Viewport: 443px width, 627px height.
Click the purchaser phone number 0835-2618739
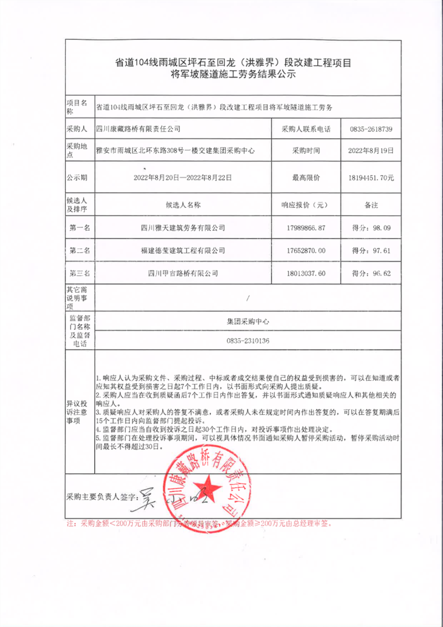(371, 129)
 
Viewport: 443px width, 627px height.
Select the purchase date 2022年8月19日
(371, 150)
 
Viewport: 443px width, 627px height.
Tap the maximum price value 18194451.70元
(371, 178)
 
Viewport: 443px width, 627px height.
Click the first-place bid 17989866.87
(303, 227)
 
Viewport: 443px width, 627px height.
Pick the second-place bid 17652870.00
(303, 251)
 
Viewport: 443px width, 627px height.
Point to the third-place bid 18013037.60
(303, 273)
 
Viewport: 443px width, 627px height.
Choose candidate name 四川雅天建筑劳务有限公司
(183, 227)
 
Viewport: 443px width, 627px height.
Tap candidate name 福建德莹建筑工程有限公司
(183, 251)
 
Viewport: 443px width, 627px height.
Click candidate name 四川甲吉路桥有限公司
(183, 273)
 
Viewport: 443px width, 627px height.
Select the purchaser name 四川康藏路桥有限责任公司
(138, 129)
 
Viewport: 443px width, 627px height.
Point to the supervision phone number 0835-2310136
(248, 341)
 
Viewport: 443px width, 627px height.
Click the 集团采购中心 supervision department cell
(248, 321)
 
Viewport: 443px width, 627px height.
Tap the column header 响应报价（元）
(303, 205)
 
